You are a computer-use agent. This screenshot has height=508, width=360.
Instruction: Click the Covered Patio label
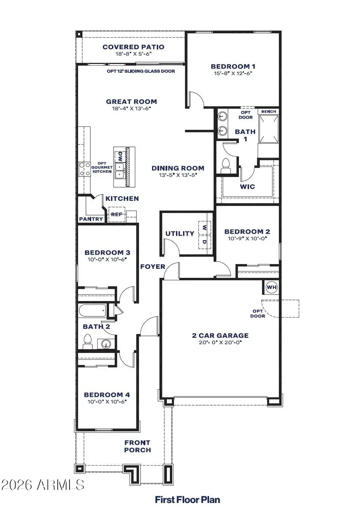coord(133,47)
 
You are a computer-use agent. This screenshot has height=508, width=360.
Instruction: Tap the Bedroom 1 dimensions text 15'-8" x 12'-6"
coord(233,73)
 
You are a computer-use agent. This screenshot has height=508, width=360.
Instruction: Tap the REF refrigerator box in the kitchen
coord(116,214)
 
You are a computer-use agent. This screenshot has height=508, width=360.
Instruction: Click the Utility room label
coord(180,233)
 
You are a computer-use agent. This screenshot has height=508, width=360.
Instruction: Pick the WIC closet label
coord(247,186)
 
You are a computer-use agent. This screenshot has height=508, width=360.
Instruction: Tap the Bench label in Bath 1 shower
coord(268,112)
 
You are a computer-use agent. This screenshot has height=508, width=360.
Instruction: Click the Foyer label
coord(153,266)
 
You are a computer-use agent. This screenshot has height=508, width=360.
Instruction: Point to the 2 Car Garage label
coord(220,336)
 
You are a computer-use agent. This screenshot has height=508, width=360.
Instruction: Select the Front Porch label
coord(137,446)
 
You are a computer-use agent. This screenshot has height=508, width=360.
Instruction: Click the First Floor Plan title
coord(188,499)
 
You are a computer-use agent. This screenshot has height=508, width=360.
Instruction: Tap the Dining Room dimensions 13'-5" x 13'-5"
coord(178,175)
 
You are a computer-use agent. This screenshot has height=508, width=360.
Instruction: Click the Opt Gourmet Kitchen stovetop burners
coord(84,169)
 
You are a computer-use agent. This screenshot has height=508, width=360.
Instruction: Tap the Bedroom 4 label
coord(107,395)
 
